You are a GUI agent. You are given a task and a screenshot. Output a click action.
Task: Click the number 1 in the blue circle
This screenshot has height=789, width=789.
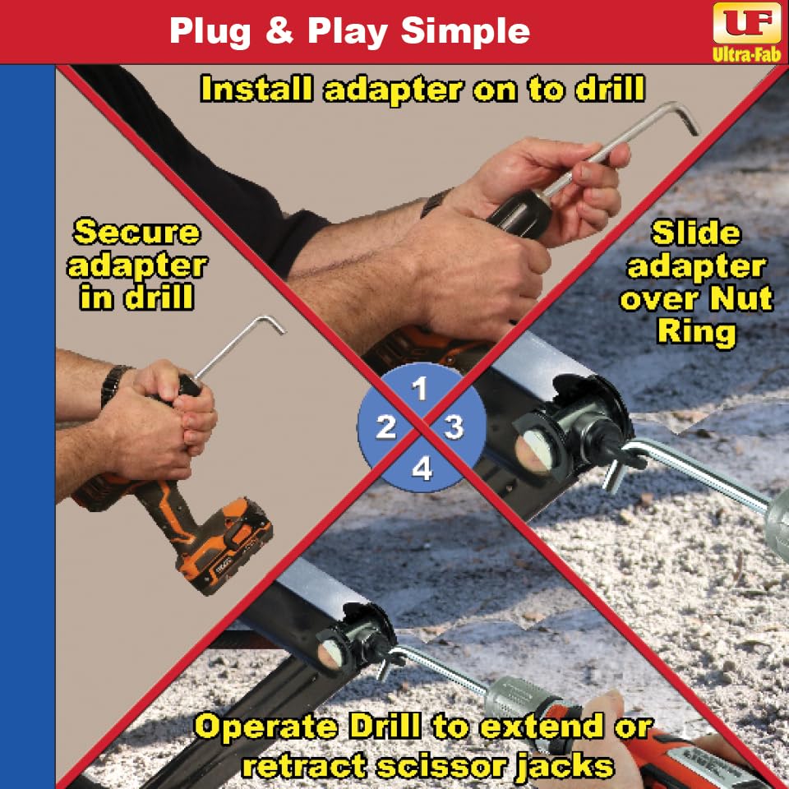419,389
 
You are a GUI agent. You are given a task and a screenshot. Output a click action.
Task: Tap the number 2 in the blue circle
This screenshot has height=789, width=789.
386,427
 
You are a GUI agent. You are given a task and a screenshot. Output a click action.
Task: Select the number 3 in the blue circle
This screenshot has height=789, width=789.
454,427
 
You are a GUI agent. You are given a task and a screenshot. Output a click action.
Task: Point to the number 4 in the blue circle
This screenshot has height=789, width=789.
422,468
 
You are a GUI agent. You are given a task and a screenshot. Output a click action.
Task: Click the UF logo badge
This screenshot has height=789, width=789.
747,23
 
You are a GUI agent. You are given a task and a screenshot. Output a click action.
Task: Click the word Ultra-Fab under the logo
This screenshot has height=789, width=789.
747,54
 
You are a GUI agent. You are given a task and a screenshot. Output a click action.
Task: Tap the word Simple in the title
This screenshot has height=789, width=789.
465,32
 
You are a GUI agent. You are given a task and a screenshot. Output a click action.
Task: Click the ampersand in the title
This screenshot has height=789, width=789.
279,30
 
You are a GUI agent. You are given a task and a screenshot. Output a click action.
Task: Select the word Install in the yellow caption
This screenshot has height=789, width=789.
256,89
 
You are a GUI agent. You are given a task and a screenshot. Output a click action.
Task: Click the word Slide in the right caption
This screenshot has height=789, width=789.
696,233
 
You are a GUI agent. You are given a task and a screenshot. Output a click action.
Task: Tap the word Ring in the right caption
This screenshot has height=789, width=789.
696,331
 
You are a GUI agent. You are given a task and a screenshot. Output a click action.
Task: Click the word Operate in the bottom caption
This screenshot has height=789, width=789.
265,727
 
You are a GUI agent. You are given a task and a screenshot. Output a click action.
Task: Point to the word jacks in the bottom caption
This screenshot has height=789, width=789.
565,766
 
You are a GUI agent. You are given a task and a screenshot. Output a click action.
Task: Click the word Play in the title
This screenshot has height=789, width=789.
347,33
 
